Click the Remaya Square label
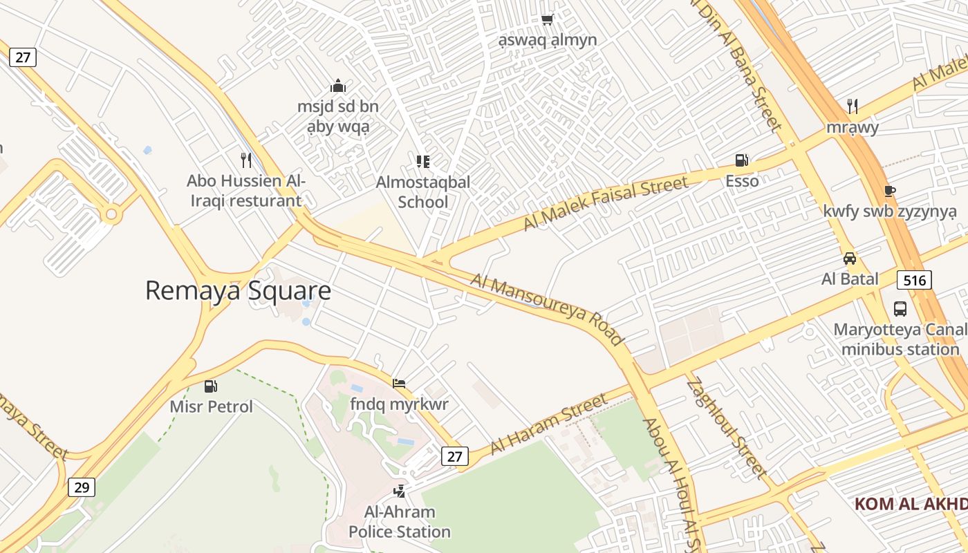pyautogui.click(x=238, y=291)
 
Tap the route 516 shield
pyautogui.click(x=914, y=280)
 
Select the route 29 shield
pyautogui.click(x=82, y=487)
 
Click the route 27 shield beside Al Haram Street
pyautogui.click(x=454, y=456)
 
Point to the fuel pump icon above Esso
pyautogui.click(x=742, y=161)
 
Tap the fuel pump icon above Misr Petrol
pyautogui.click(x=211, y=386)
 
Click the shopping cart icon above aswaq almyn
pyautogui.click(x=547, y=20)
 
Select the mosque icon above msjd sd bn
pyautogui.click(x=338, y=86)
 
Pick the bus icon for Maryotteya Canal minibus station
pyautogui.click(x=900, y=309)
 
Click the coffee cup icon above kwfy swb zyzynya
pyautogui.click(x=890, y=191)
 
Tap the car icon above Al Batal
pyautogui.click(x=850, y=259)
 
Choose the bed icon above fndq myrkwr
pyautogui.click(x=399, y=384)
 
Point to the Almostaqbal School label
pyautogui.click(x=422, y=192)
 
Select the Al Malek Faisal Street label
pyautogui.click(x=606, y=203)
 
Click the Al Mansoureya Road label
pyautogui.click(x=547, y=309)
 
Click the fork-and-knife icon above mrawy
pyautogui.click(x=853, y=106)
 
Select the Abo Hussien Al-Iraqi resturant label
pyautogui.click(x=245, y=191)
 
